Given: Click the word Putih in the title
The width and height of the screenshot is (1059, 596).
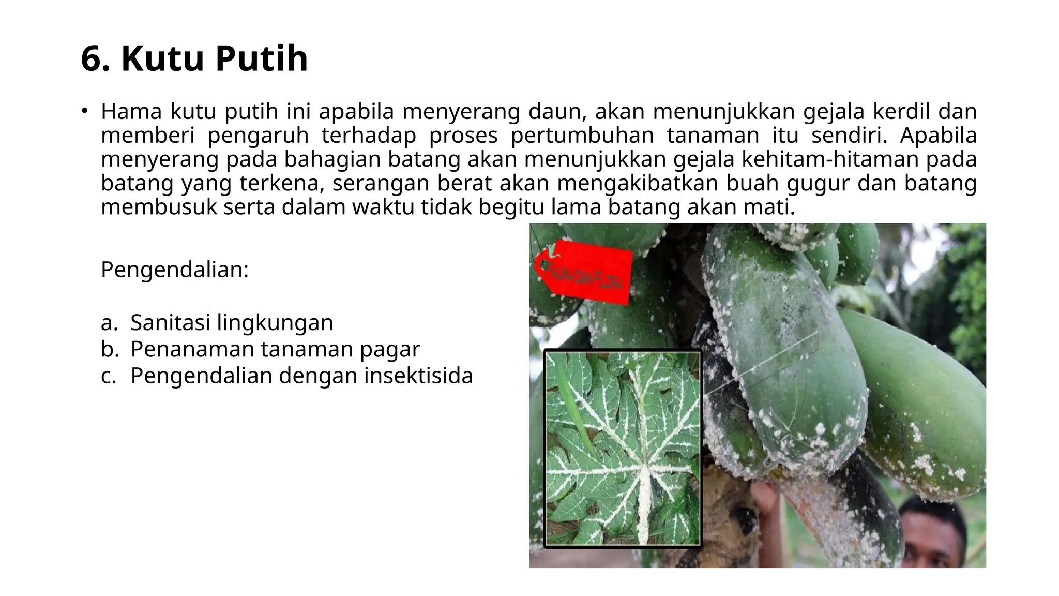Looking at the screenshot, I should coord(261,58).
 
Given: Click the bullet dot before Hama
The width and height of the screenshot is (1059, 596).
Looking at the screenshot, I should coord(84,111).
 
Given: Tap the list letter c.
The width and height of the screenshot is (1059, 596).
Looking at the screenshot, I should coord(109,376).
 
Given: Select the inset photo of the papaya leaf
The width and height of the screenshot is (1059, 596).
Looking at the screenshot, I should coord(623,449).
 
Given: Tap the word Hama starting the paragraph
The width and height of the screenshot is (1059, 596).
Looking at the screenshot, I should coord(131,111).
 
